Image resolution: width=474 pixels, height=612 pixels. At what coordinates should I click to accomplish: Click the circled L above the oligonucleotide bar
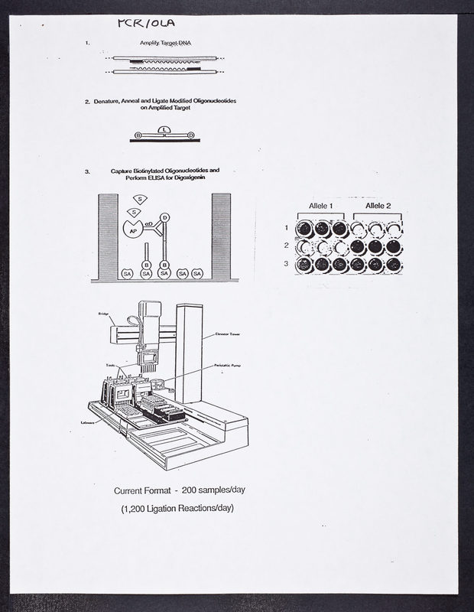click(x=166, y=130)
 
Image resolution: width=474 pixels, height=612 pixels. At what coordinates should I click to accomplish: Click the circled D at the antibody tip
click(x=164, y=218)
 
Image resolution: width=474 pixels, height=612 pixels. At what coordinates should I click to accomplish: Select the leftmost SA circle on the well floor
click(x=128, y=273)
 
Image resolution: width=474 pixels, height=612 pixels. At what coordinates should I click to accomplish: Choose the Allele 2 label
click(x=378, y=207)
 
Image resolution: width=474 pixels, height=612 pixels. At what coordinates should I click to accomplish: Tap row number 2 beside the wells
click(x=286, y=246)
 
